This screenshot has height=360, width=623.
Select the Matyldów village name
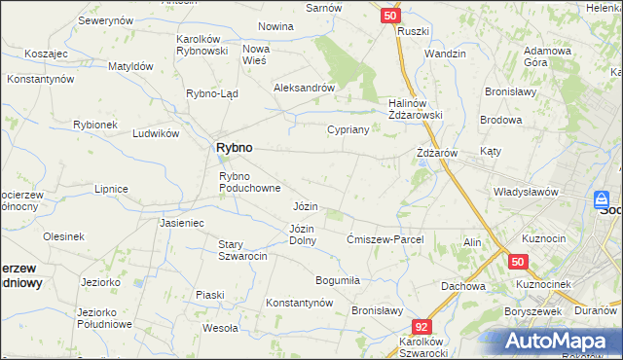130,66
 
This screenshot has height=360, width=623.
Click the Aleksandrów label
304,87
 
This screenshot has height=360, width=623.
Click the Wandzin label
445,54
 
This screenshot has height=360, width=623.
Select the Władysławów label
526,192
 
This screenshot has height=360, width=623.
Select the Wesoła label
221,328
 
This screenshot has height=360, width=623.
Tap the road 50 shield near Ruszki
389,16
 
